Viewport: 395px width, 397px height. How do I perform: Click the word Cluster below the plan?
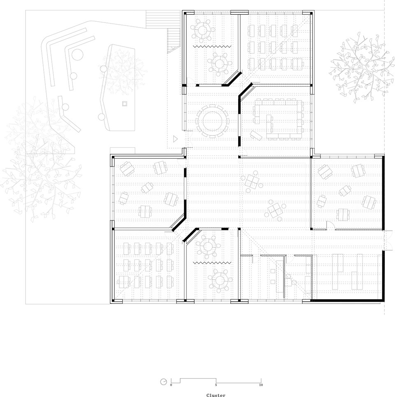click(216, 395)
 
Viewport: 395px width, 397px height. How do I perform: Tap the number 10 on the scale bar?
click(261, 385)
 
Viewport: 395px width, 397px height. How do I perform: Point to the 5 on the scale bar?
click(216, 385)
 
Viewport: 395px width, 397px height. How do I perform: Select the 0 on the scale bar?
click(171, 385)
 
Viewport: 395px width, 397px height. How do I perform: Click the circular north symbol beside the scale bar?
click(164, 382)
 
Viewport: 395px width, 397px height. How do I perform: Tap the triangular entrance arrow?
click(175, 139)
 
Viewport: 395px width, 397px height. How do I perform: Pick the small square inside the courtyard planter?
click(124, 103)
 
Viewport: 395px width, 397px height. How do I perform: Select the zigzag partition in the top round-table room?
click(212, 46)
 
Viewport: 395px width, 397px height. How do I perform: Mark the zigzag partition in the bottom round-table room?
click(212, 263)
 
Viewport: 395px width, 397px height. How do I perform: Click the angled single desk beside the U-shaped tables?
click(256, 135)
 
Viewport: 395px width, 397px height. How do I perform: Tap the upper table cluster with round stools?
click(252, 181)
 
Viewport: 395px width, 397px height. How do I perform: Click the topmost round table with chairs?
click(202, 30)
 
